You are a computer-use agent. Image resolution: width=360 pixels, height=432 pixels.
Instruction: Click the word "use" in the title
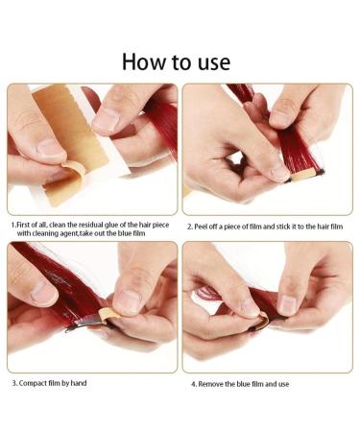[214, 63]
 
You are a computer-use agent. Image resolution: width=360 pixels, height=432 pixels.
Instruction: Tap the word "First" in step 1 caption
[23, 225]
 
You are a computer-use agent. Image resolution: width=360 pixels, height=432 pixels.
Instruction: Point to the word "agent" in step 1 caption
[69, 233]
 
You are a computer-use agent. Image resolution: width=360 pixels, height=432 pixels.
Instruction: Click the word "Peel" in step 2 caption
[201, 227]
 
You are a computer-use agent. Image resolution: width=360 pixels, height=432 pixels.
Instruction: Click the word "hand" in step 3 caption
[79, 383]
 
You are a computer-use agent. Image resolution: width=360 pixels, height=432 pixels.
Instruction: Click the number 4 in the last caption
[193, 384]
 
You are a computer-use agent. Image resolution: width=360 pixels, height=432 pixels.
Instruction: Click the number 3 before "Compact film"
[14, 383]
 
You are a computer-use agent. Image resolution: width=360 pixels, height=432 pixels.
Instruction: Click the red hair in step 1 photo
[163, 127]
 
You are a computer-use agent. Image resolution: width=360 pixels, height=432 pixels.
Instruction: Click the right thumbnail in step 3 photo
[128, 301]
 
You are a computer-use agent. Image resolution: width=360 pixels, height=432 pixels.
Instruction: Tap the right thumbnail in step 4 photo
[288, 303]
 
